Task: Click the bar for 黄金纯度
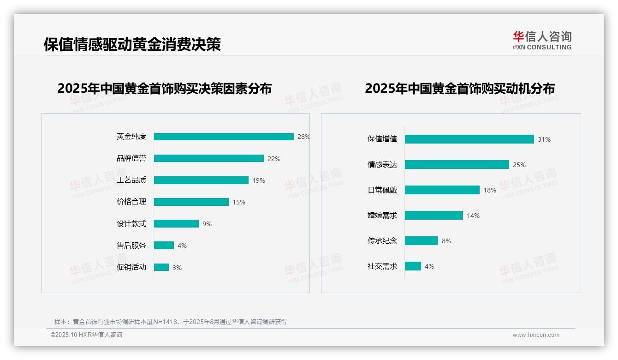pos(224,137)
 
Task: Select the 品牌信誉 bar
pos(209,158)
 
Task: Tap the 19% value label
pos(259,180)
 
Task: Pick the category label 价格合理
pos(131,202)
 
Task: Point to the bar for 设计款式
pos(176,224)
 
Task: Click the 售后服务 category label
pos(131,246)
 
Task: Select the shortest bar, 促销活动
pos(161,267)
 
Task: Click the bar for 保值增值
pos(469,139)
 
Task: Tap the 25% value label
pos(519,165)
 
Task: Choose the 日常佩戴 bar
pos(442,190)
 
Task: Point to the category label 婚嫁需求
pos(382,216)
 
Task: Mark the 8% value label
pos(446,241)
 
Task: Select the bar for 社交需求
pos(413,266)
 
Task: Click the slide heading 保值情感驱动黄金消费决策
pos(132,44)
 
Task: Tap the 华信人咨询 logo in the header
pos(542,41)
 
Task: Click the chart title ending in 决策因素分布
pos(164,88)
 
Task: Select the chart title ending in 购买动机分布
pos(459,88)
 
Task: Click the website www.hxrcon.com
pos(536,335)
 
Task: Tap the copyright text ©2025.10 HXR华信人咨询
pos(86,335)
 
